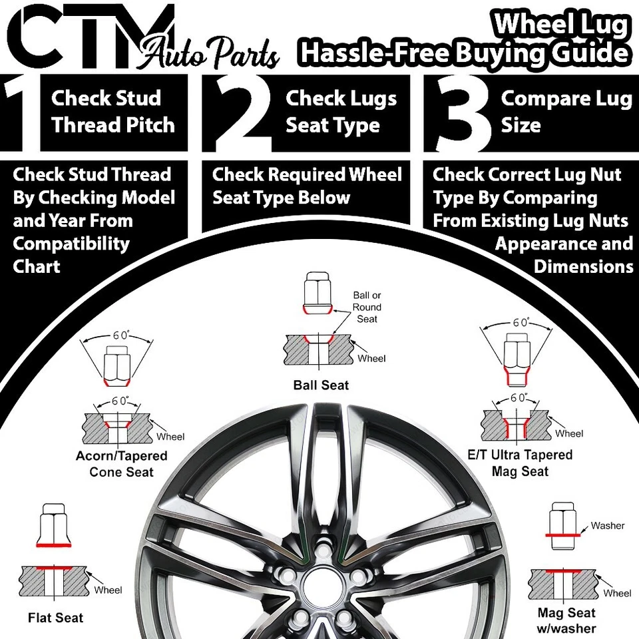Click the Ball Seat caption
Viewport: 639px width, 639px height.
pyautogui.click(x=321, y=385)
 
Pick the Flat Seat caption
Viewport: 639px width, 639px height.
pyautogui.click(x=56, y=618)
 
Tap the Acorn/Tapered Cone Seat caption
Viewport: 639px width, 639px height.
pyautogui.click(x=121, y=464)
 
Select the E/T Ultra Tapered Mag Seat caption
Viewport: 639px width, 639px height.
pyautogui.click(x=521, y=463)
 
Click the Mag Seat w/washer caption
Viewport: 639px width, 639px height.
pyautogui.click(x=566, y=620)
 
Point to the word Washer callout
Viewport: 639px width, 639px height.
pyautogui.click(x=607, y=526)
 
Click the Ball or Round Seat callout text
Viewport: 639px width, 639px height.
pyautogui.click(x=367, y=307)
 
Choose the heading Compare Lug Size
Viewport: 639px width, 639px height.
pyautogui.click(x=566, y=112)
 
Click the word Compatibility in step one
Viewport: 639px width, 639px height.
pyautogui.click(x=71, y=244)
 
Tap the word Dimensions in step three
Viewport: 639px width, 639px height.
pyautogui.click(x=583, y=266)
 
